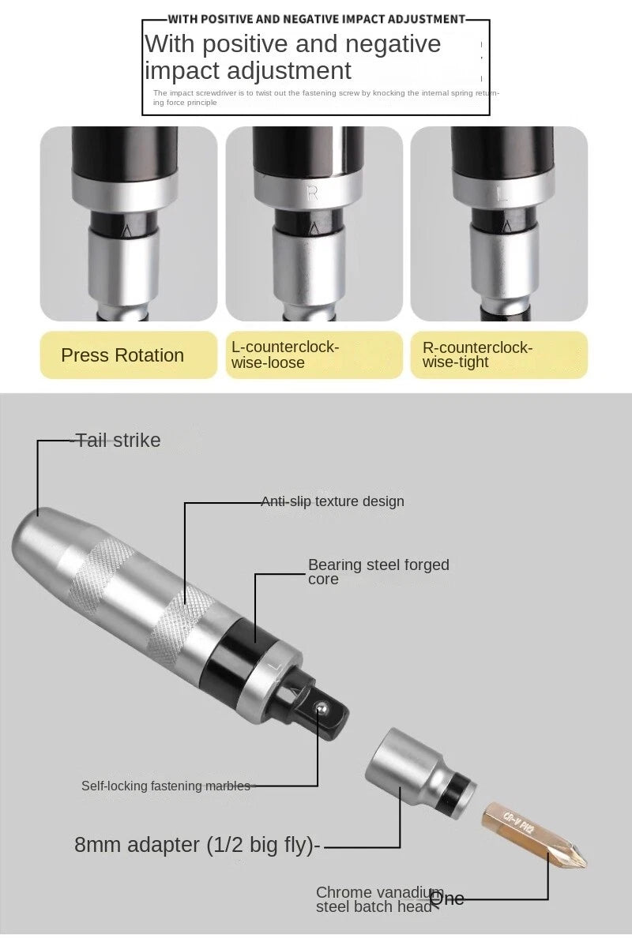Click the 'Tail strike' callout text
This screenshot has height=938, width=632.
coord(118,441)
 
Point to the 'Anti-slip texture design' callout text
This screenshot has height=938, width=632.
coord(333,501)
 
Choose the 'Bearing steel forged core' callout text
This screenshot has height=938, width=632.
coord(378,572)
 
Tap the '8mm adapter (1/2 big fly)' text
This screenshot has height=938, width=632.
coord(197,845)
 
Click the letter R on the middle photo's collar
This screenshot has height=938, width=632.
coord(312,193)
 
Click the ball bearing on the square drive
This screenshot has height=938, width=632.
coord(322,708)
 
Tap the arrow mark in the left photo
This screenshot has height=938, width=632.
coord(128,231)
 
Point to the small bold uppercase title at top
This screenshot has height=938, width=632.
coord(316,18)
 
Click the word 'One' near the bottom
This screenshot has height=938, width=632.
coord(447,898)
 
